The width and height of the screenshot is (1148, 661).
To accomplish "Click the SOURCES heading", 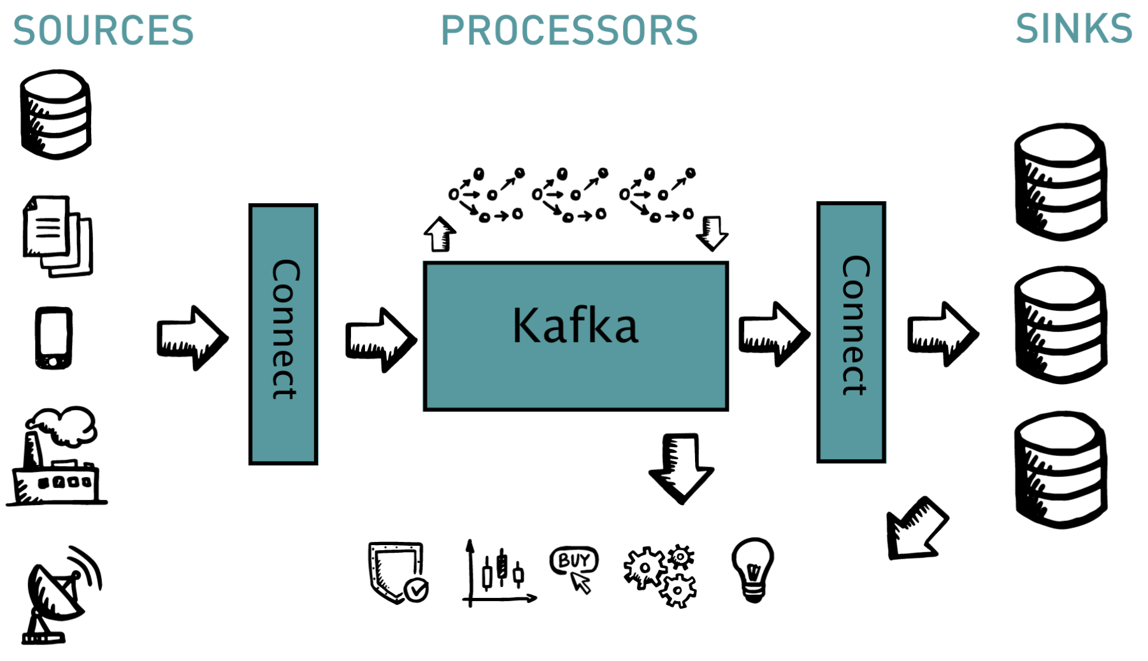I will (103, 30).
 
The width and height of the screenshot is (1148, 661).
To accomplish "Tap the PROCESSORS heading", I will (569, 30).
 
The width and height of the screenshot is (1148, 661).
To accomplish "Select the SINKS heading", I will (1073, 29).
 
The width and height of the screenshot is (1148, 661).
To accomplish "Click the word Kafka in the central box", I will (575, 325).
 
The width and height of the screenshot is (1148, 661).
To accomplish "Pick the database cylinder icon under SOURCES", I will (55, 115).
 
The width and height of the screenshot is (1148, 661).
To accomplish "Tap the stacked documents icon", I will (57, 236).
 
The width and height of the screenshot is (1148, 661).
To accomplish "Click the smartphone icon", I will (54, 338).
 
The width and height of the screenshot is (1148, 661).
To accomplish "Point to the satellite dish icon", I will (61, 595).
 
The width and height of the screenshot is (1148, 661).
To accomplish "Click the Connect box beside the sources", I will (283, 334).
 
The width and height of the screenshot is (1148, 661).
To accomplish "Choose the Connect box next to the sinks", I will (851, 332).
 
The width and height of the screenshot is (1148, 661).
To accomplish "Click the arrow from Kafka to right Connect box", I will (773, 334).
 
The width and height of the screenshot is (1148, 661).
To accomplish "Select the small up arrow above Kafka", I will (440, 234).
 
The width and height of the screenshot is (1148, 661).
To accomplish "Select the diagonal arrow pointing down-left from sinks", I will (916, 529).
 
